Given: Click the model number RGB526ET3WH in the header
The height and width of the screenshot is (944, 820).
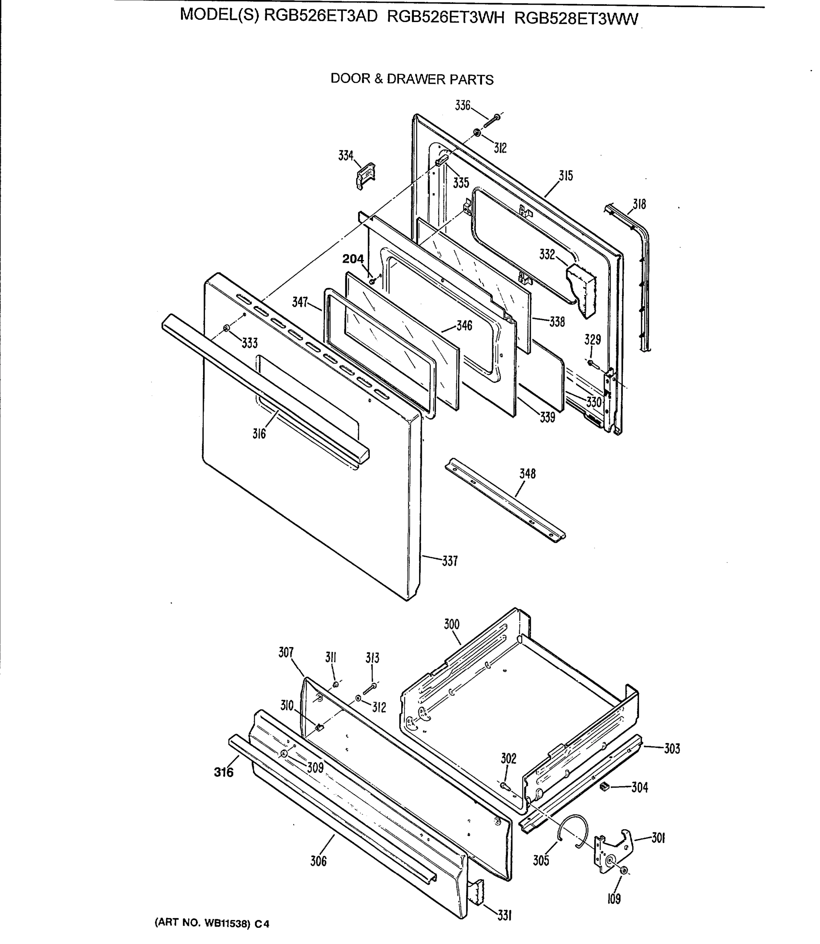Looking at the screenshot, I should tap(446, 17).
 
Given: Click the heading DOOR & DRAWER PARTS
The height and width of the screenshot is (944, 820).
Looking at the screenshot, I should tap(412, 79).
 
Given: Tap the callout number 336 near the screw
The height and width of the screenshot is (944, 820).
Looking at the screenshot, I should tap(462, 106).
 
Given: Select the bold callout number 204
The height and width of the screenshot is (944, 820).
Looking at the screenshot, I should tap(353, 259).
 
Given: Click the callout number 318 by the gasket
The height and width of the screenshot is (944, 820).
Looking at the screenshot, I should tap(639, 204).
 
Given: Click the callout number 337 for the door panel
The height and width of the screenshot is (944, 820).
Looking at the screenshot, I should tap(450, 561).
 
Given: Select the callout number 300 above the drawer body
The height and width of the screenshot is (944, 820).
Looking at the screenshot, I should tap(451, 624).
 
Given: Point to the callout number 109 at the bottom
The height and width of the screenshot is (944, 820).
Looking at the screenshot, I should tap(614, 899).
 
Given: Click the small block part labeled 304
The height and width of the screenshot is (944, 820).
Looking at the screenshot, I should tap(605, 786).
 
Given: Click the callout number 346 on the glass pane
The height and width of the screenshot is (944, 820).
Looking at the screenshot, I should tap(464, 326).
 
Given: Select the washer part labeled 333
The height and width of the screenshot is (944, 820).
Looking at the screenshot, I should tap(227, 328).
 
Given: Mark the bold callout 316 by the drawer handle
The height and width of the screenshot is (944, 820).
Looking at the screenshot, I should tap(224, 773).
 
